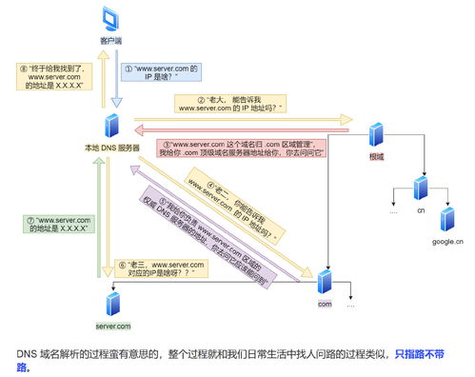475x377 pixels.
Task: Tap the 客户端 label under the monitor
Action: point(112,41)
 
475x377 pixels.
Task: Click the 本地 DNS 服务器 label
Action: point(113,149)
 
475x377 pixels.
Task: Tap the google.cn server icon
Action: point(448,221)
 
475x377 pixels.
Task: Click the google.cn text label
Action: point(448,243)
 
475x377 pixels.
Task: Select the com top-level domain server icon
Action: point(325,282)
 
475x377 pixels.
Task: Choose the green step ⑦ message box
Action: point(59,224)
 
